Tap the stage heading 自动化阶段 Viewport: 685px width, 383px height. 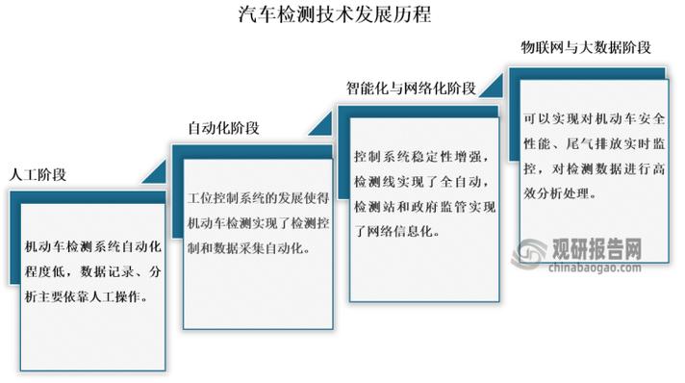point(223,127)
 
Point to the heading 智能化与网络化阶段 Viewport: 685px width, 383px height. point(412,88)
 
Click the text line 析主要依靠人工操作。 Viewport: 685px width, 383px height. point(86,297)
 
